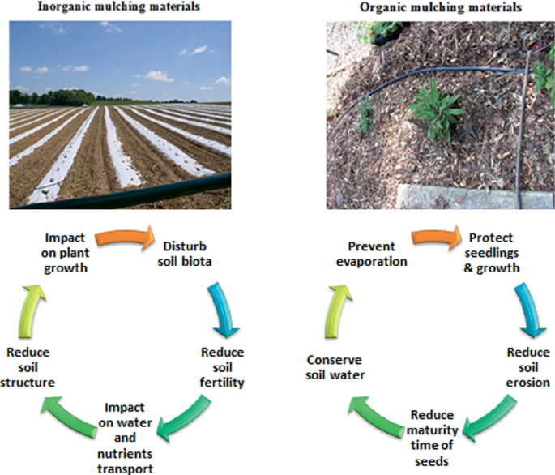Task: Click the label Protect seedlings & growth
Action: [494, 253]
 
